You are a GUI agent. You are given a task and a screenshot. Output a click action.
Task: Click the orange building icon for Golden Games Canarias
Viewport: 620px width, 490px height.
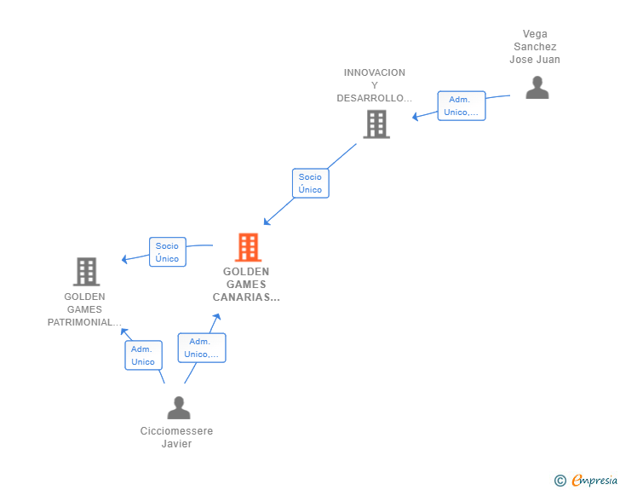pos(249,247)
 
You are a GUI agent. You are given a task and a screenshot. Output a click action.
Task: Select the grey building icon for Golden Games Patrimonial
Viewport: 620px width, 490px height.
pos(86,272)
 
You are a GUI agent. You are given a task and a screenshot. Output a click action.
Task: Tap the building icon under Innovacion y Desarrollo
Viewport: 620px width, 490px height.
pos(376,124)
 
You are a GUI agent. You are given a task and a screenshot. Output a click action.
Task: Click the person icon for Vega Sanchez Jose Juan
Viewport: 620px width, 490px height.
pos(537,88)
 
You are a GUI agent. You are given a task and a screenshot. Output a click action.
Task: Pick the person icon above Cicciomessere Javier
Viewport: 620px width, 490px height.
pos(179,407)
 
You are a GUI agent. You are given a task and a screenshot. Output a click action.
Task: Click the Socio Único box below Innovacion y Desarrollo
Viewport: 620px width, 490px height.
pos(310,183)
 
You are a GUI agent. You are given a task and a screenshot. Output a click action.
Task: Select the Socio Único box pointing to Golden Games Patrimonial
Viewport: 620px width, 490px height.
pos(168,252)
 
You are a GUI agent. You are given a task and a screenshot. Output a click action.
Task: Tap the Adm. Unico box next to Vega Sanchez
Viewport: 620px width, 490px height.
pos(462,106)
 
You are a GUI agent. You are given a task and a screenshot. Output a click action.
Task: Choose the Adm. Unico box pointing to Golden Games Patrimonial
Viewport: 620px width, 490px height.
pos(144,355)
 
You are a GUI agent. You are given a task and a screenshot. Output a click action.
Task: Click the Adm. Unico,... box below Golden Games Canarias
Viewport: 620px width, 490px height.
pos(202,348)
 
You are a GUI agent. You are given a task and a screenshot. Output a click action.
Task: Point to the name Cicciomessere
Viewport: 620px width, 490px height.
pos(176,430)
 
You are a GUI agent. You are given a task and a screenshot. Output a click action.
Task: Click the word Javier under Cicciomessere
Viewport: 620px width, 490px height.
pos(176,444)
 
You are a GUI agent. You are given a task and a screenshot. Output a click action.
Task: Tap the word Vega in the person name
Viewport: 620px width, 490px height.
pos(535,34)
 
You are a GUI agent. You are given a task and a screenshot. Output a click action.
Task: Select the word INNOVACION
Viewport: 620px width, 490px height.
pos(375,72)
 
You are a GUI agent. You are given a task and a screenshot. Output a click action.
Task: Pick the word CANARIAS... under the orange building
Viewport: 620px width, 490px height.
pos(246,297)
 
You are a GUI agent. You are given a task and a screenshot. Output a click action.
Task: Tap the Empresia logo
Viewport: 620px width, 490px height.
pos(586,480)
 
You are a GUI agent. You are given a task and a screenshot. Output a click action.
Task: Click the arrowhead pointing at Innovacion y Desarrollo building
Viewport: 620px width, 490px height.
pos(416,117)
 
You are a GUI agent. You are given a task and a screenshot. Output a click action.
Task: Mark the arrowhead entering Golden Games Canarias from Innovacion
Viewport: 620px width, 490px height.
pos(267,222)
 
